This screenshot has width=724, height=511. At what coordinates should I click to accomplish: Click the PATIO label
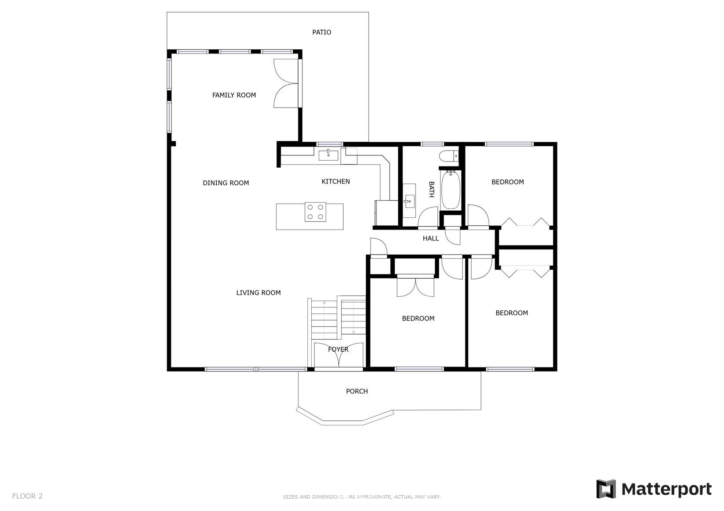coord(321,32)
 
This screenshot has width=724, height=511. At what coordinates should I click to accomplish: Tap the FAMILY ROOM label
coord(234,95)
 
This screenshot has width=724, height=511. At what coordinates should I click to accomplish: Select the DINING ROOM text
coord(226,183)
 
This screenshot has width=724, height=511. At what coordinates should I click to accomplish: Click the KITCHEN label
coord(335,181)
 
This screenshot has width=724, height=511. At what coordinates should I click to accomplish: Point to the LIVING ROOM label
coord(258,293)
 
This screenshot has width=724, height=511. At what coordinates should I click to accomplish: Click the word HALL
coord(430,238)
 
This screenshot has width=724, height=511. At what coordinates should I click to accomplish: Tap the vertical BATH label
coord(431,189)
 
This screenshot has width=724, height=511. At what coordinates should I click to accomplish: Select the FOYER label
coord(338,349)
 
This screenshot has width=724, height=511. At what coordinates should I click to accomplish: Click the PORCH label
coord(357,391)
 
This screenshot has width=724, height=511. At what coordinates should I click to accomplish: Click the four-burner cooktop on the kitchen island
coord(315,212)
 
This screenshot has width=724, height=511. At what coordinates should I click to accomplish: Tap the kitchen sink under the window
coord(328,155)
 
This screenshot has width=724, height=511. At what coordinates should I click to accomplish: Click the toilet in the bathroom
coord(449,156)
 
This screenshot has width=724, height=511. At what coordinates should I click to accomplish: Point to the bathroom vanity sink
coord(409,201)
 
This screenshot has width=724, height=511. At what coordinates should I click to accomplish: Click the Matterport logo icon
coord(606,489)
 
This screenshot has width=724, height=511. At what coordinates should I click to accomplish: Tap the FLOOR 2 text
coord(27,496)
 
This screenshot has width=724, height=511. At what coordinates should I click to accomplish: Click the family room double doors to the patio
coord(287,83)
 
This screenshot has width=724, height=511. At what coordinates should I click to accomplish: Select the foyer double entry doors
coord(339,356)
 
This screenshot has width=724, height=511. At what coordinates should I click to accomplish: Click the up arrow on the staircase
coord(324,302)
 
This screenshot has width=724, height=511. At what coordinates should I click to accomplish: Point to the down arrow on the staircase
coord(353,332)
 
